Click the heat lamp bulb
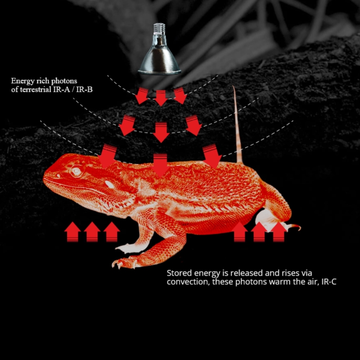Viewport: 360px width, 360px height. [x=159, y=49]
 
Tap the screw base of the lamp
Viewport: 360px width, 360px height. [x=159, y=29]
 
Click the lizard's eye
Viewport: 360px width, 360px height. [x=76, y=171]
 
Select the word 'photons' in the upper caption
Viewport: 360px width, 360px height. [x=64, y=81]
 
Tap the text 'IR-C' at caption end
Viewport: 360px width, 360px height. [x=329, y=282]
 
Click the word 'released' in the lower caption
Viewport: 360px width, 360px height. [x=247, y=273]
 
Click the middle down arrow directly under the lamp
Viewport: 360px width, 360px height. [x=161, y=98]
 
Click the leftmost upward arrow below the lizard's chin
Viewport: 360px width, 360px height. [x=72, y=232]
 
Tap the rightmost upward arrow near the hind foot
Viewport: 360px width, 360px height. [x=279, y=232]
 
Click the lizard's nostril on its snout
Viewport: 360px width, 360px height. [x=58, y=175]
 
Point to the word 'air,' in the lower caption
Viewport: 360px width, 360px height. [x=313, y=282]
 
